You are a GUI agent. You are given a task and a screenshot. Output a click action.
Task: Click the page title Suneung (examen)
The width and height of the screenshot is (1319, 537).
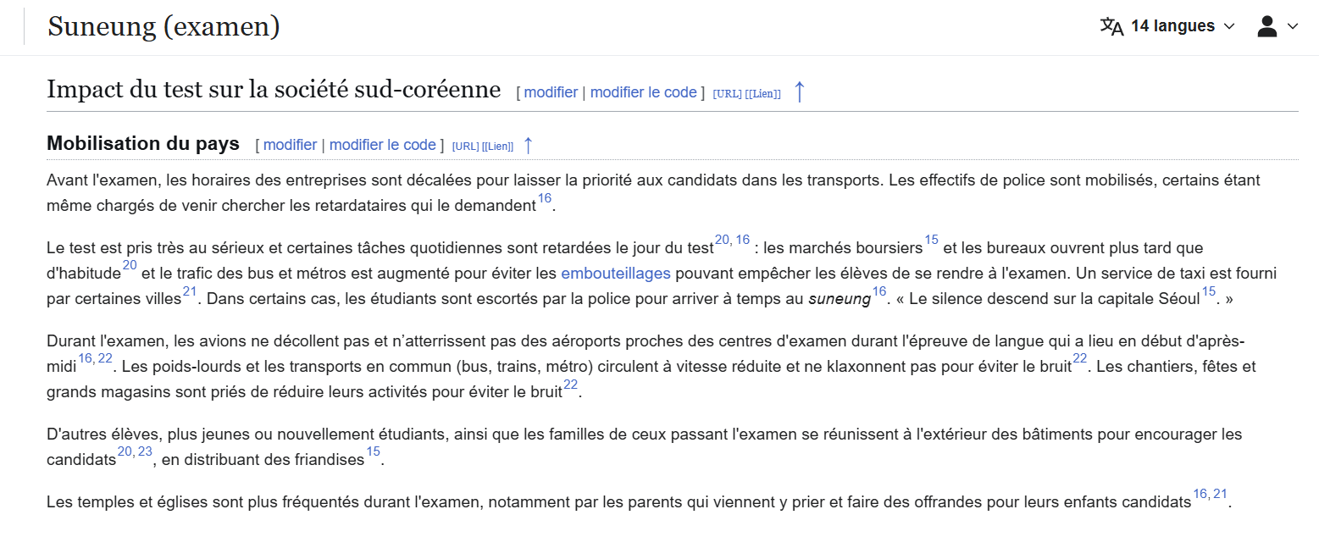(x=163, y=27)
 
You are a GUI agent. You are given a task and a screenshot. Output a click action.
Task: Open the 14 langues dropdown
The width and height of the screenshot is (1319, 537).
(x=1168, y=26)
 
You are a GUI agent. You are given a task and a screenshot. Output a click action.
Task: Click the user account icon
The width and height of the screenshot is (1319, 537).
(x=1267, y=26)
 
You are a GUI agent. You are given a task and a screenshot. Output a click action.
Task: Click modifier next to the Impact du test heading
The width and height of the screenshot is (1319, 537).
(x=551, y=92)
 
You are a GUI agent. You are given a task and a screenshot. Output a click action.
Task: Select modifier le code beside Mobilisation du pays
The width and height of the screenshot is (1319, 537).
(x=382, y=145)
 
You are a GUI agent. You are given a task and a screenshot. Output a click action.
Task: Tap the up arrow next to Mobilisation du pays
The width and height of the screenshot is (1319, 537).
(x=528, y=145)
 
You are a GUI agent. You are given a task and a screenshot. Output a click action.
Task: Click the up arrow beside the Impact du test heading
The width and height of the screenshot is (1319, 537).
(x=799, y=91)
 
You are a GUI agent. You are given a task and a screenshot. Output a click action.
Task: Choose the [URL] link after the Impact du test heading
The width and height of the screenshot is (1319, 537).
(x=727, y=93)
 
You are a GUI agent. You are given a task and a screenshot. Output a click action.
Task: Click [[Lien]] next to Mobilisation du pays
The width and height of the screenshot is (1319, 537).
(x=497, y=146)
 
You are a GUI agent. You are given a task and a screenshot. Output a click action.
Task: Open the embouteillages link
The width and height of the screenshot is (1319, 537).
(x=615, y=273)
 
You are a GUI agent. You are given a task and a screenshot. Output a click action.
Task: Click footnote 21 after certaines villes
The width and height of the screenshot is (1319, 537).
(x=190, y=292)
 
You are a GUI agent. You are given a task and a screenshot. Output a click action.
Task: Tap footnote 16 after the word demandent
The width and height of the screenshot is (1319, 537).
(x=545, y=199)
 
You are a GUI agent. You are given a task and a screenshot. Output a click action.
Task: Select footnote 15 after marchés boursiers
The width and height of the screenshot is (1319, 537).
(x=931, y=241)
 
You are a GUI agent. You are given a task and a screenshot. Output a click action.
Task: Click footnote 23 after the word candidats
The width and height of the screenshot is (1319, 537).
(x=145, y=452)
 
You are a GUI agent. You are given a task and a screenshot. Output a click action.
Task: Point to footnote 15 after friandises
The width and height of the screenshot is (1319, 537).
(x=373, y=452)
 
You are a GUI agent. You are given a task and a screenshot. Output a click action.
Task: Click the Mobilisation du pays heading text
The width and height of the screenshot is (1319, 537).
(x=143, y=144)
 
